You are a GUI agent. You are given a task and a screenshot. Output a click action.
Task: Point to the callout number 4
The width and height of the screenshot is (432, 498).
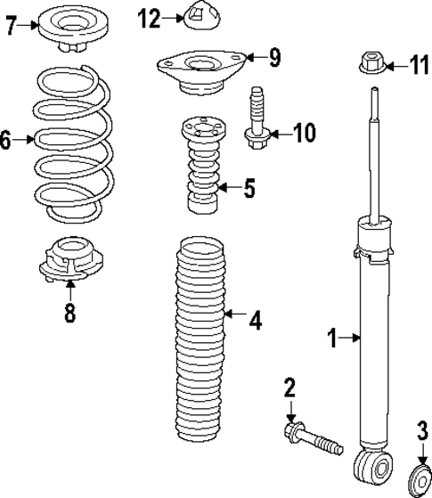[x=255, y=319]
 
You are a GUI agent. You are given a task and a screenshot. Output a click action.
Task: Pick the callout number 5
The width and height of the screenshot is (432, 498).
[x=249, y=188]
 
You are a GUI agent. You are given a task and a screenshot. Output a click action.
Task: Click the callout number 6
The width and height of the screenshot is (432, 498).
[x=7, y=141]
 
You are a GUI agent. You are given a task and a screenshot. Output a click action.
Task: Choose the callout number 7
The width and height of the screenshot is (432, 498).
[x=11, y=24]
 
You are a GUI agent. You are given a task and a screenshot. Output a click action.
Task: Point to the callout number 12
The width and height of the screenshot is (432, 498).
[x=149, y=16]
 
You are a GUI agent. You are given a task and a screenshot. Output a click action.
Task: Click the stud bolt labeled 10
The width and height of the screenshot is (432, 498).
[x=258, y=117]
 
